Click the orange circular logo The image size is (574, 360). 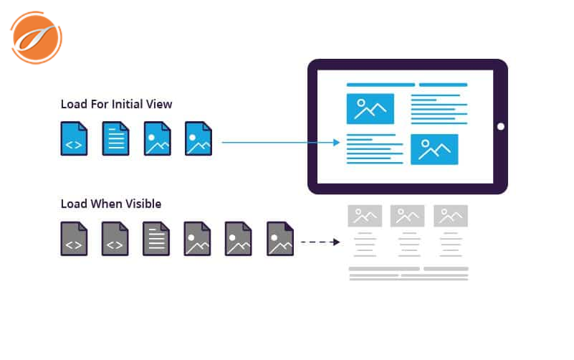(x=36, y=37)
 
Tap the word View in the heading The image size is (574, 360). (x=159, y=105)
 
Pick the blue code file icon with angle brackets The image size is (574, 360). (x=74, y=138)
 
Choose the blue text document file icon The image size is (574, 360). (x=115, y=138)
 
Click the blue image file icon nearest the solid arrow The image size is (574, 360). (x=198, y=138)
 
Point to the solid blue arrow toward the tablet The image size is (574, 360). (x=279, y=142)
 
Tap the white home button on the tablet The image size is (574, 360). (x=500, y=126)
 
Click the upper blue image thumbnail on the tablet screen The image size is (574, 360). (x=370, y=108)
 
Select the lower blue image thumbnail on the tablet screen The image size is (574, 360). (x=434, y=149)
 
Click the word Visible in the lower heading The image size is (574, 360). (x=140, y=204)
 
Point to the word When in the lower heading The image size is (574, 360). (x=105, y=204)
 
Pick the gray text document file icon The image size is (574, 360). (x=156, y=239)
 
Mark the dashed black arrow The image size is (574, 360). (x=320, y=242)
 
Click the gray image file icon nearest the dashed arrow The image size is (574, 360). (x=280, y=239)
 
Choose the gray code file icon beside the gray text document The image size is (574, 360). (x=115, y=239)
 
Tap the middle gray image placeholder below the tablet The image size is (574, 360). (x=407, y=216)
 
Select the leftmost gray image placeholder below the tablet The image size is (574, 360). (x=365, y=216)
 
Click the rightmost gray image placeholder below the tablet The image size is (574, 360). (x=451, y=216)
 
